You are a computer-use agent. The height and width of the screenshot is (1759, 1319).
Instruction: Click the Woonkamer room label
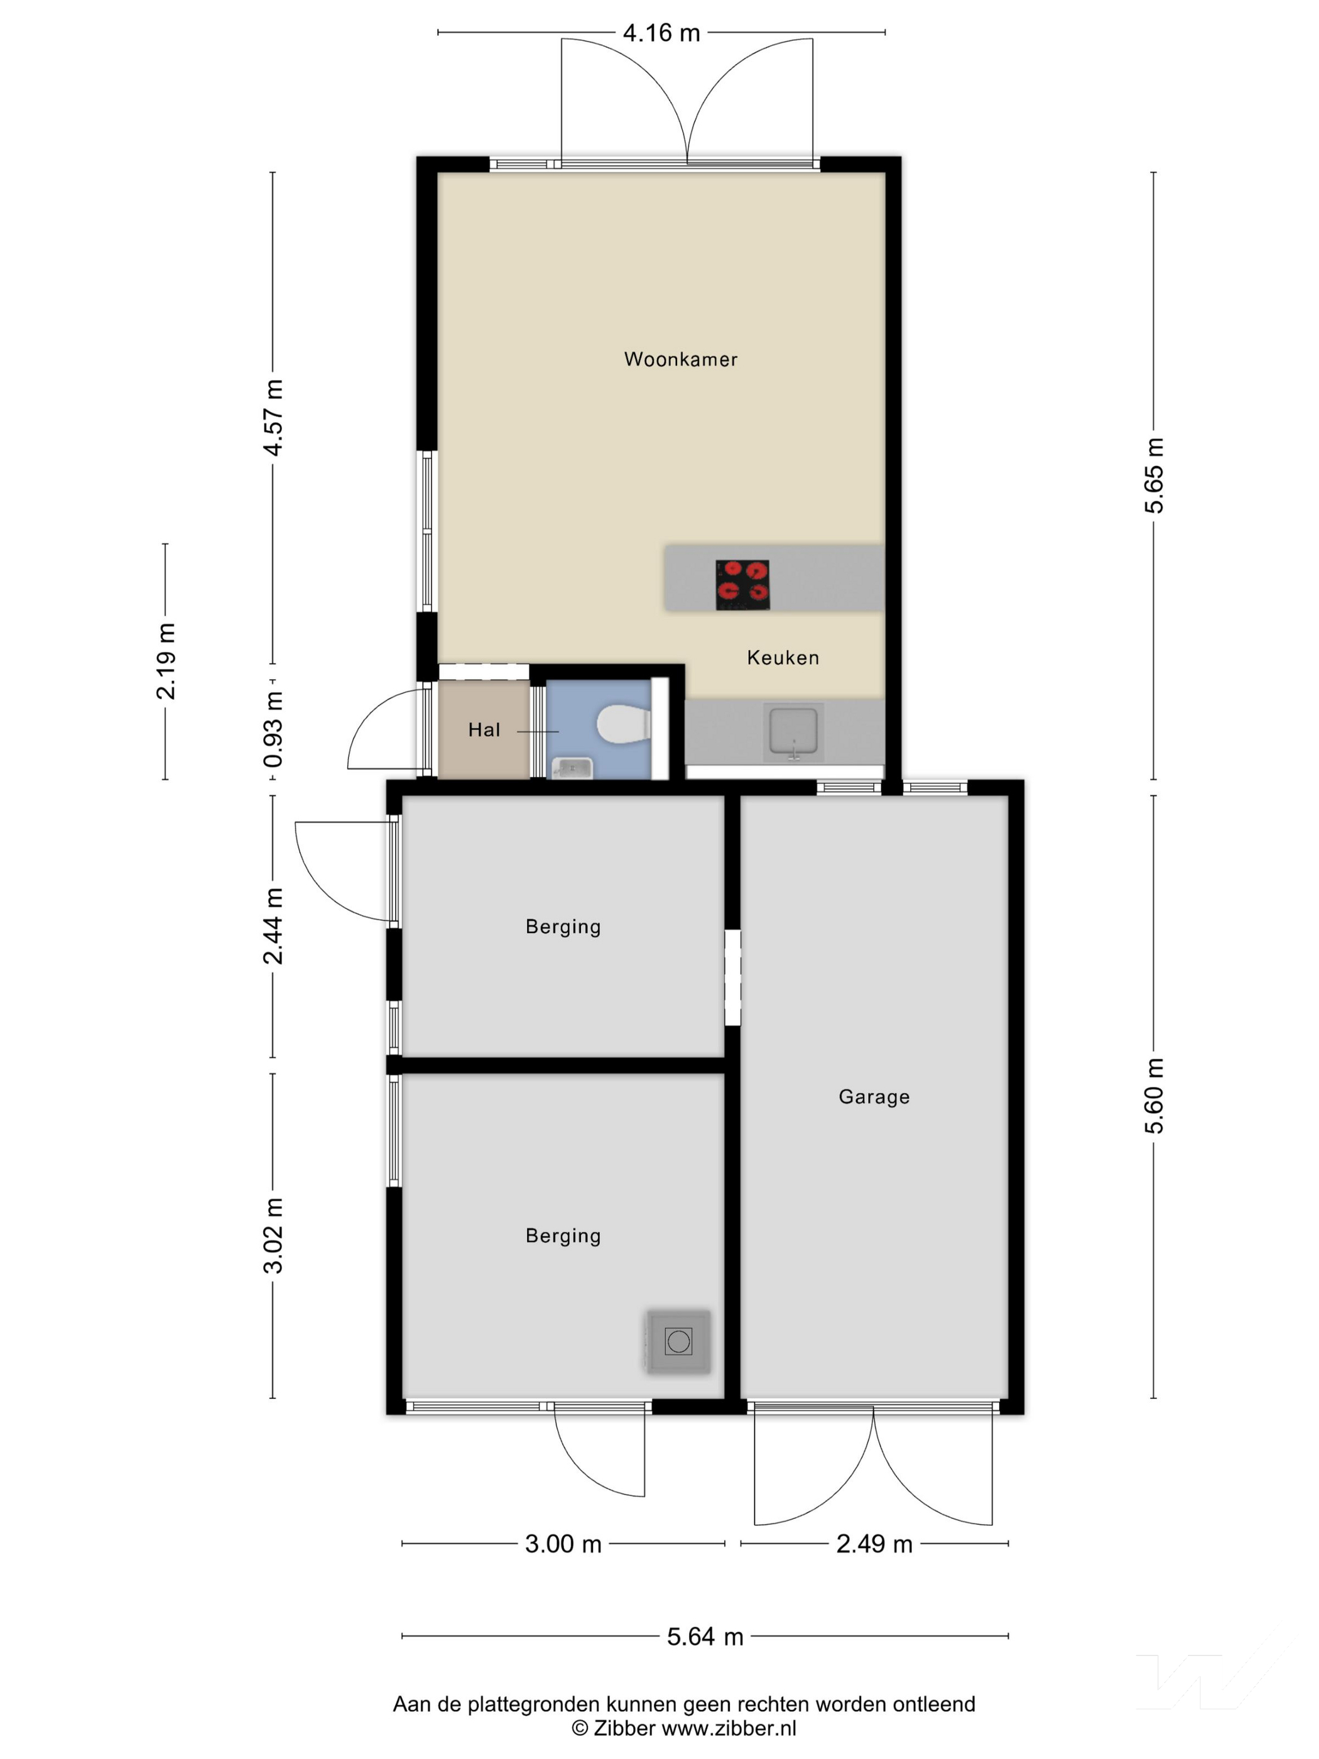pyautogui.click(x=681, y=359)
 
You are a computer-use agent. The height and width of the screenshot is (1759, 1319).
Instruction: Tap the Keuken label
pyautogui.click(x=783, y=658)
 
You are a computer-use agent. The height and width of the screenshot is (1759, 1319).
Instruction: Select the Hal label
pyautogui.click(x=484, y=730)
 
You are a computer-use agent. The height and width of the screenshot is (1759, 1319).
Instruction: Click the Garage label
pyautogui.click(x=874, y=1097)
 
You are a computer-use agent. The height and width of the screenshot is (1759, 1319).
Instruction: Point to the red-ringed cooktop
pyautogui.click(x=742, y=584)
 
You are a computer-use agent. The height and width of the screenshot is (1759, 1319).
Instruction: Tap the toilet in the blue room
pyautogui.click(x=624, y=724)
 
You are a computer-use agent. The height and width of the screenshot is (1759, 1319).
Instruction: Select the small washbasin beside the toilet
pyautogui.click(x=572, y=768)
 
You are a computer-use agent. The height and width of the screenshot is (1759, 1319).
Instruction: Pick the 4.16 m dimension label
pyautogui.click(x=661, y=33)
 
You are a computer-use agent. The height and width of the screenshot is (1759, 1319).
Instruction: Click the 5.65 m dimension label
pyautogui.click(x=1154, y=476)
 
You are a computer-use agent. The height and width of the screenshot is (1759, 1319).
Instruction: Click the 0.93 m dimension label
pyautogui.click(x=273, y=729)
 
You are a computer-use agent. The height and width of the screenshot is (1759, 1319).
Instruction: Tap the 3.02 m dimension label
pyautogui.click(x=273, y=1235)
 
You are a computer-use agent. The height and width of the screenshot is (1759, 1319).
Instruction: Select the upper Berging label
pyautogui.click(x=563, y=927)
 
